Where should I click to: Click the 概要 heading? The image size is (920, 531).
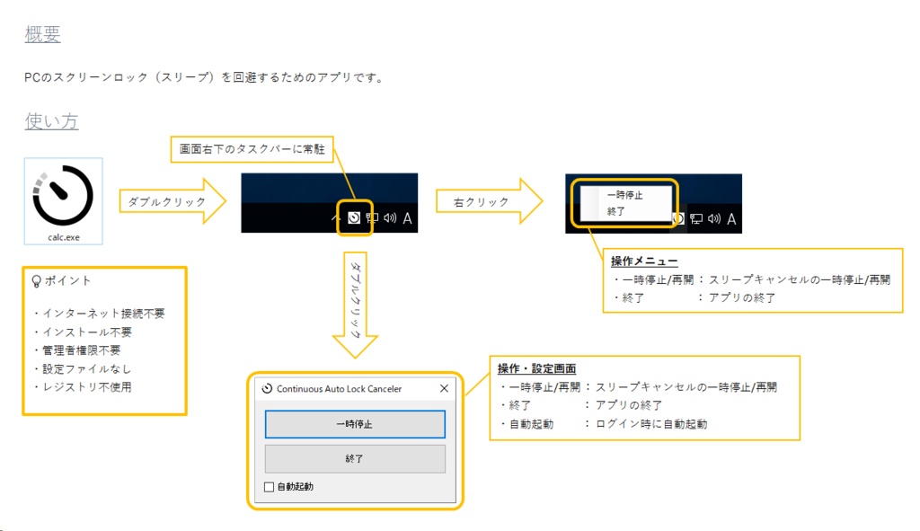[x=42, y=35]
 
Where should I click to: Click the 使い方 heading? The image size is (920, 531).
[x=51, y=121]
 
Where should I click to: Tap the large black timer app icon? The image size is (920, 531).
[x=63, y=194]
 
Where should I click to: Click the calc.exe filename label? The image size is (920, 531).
[x=63, y=237]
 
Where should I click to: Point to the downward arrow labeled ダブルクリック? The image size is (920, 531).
[x=355, y=301]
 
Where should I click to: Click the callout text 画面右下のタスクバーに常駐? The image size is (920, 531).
[x=252, y=149]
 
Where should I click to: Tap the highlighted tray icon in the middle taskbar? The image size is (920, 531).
[x=354, y=217]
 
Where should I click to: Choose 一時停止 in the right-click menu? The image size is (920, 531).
[x=624, y=194]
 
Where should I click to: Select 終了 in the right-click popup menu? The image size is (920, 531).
[x=616, y=211]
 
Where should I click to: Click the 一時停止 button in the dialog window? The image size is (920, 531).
[x=355, y=424]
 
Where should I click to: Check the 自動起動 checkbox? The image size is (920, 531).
[x=269, y=487]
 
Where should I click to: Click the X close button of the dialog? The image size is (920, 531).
[x=444, y=389]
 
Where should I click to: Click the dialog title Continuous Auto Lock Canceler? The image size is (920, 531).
[x=339, y=389]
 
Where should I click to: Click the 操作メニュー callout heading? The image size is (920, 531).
[x=643, y=261]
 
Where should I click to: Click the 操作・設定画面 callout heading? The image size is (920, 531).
[x=536, y=368]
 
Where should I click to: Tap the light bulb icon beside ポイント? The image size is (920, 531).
[x=37, y=280]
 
